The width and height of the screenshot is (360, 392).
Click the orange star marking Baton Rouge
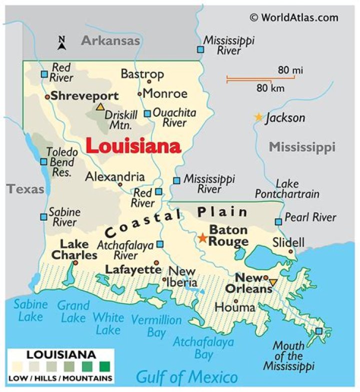coord(202,238)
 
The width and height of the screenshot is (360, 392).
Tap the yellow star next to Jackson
coord(258,117)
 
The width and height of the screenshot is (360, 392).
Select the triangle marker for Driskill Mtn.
coord(100,107)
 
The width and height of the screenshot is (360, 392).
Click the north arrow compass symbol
coord(62,43)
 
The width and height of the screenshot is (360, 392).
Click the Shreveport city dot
coord(47,97)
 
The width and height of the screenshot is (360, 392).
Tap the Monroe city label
coord(165,93)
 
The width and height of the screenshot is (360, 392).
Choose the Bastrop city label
coord(142,74)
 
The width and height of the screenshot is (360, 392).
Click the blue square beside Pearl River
coord(278,222)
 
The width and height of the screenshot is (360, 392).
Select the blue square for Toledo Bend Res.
coord(43,162)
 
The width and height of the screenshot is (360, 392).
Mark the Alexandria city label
coord(114,177)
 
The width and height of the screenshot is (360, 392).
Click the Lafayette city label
coord(133,269)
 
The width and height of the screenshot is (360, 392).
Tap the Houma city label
coord(235,307)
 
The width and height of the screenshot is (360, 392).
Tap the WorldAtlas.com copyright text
coord(294,17)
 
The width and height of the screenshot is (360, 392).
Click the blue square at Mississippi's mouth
coord(319,331)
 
